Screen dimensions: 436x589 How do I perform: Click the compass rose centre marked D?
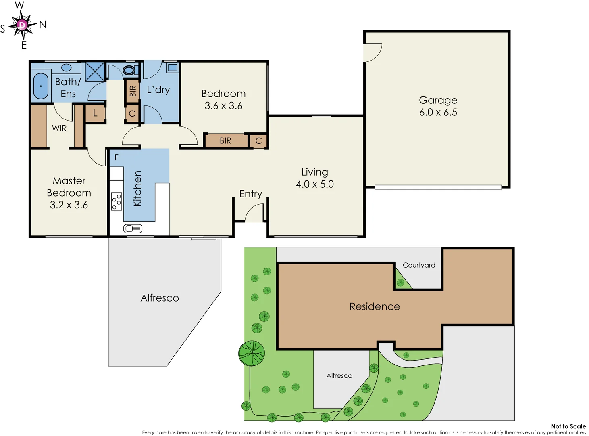click(x=22, y=25)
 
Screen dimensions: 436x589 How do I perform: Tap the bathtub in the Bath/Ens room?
click(x=41, y=86)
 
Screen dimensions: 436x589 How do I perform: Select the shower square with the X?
click(x=95, y=72)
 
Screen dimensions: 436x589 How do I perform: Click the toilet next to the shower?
click(x=129, y=70)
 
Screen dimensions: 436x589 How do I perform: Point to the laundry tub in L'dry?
click(x=173, y=67)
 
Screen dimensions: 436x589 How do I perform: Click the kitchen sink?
click(x=133, y=228)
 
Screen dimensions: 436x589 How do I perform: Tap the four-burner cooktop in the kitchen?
click(x=117, y=201)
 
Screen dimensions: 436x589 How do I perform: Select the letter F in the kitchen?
click(x=117, y=157)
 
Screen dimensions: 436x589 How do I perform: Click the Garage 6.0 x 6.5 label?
click(x=438, y=106)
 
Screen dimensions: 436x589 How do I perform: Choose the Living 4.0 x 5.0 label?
click(x=315, y=178)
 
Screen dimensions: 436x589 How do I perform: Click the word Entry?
click(x=251, y=194)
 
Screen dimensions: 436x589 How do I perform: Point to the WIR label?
click(x=59, y=128)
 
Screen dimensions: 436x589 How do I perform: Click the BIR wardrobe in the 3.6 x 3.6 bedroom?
click(x=225, y=140)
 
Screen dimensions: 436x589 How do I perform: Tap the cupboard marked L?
click(x=95, y=113)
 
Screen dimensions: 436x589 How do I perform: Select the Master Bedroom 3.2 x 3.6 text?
click(x=69, y=193)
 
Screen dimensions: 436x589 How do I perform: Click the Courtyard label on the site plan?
click(x=419, y=265)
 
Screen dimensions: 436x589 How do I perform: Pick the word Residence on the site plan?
click(x=375, y=306)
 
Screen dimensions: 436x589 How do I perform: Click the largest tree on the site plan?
click(x=252, y=353)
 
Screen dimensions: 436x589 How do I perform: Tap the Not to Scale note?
click(x=568, y=426)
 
